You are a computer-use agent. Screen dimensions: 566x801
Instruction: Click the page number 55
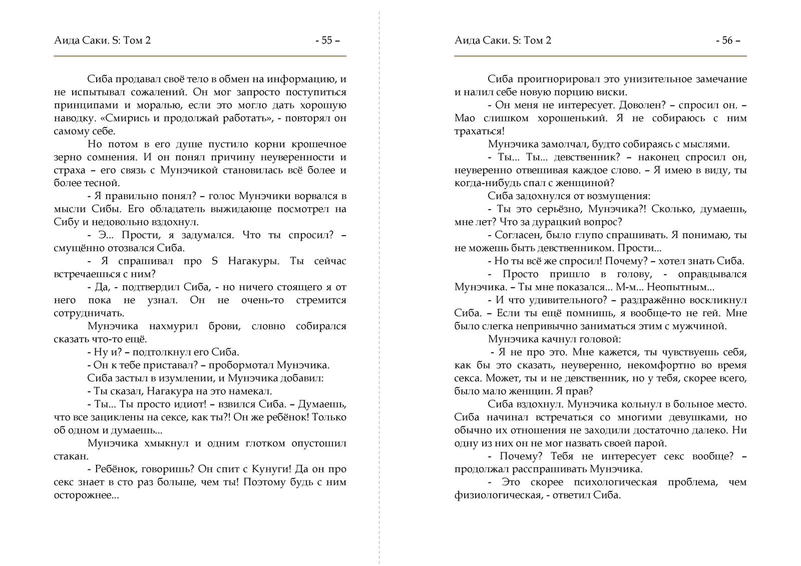326,41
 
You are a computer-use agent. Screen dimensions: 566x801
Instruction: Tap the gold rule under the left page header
200,56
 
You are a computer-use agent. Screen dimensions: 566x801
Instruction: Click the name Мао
467,118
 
